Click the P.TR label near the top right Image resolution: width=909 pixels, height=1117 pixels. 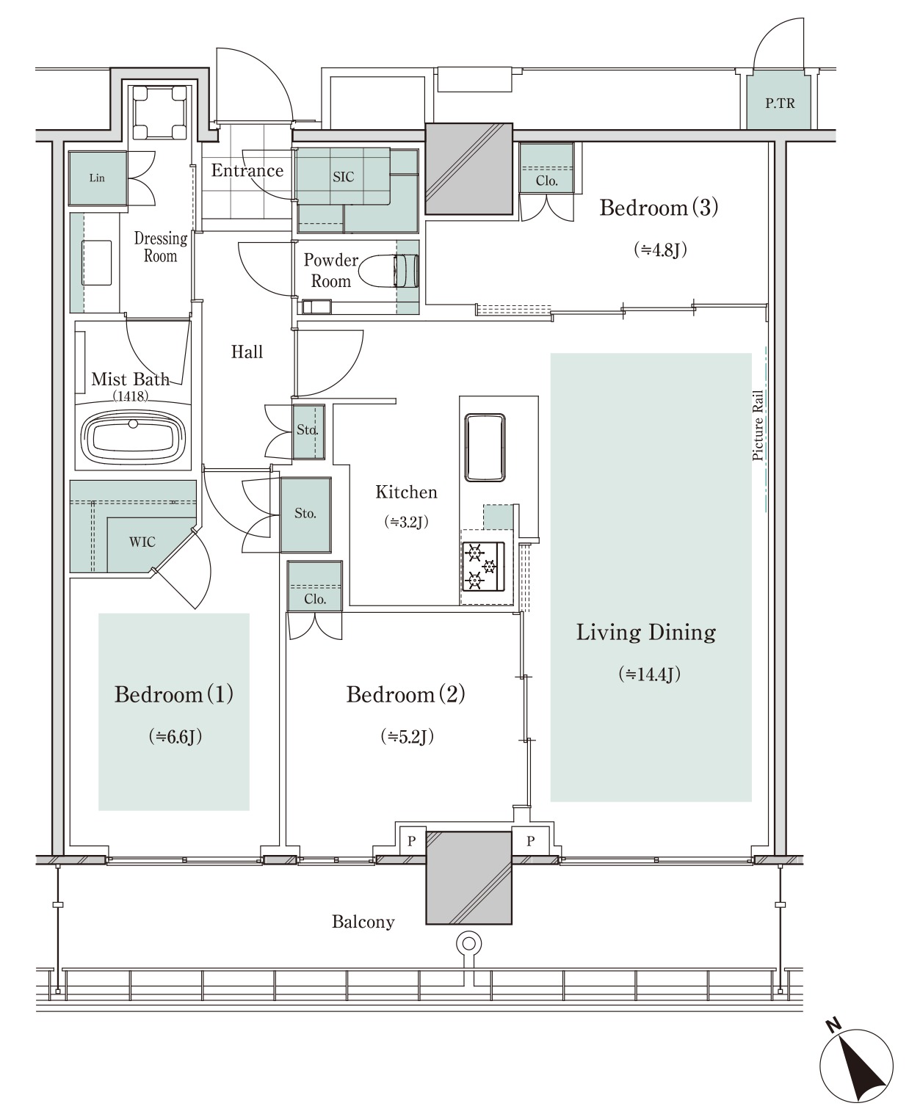[x=780, y=103]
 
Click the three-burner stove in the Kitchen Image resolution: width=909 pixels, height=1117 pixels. [x=483, y=567]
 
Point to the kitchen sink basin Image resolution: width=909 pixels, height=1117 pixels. [x=485, y=448]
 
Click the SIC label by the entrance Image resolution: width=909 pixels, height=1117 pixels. [x=343, y=178]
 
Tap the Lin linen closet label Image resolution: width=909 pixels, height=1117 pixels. [x=97, y=178]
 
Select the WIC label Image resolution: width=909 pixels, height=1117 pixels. [x=142, y=542]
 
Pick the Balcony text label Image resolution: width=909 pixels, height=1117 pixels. [x=363, y=922]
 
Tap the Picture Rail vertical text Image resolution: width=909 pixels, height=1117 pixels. [x=757, y=426]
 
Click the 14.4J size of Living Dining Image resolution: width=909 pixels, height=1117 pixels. [x=649, y=674]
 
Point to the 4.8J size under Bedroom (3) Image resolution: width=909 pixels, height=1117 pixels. [x=660, y=250]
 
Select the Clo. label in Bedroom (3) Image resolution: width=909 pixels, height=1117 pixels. [x=546, y=181]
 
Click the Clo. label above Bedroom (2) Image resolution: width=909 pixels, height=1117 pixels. [x=315, y=599]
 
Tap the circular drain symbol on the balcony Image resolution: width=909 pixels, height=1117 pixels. [x=469, y=944]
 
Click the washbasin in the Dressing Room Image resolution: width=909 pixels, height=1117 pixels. [x=96, y=263]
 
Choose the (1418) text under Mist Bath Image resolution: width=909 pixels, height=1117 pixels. [x=131, y=396]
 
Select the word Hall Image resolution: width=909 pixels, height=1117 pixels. [x=247, y=352]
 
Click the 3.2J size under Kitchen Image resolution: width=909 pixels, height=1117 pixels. [x=407, y=522]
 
